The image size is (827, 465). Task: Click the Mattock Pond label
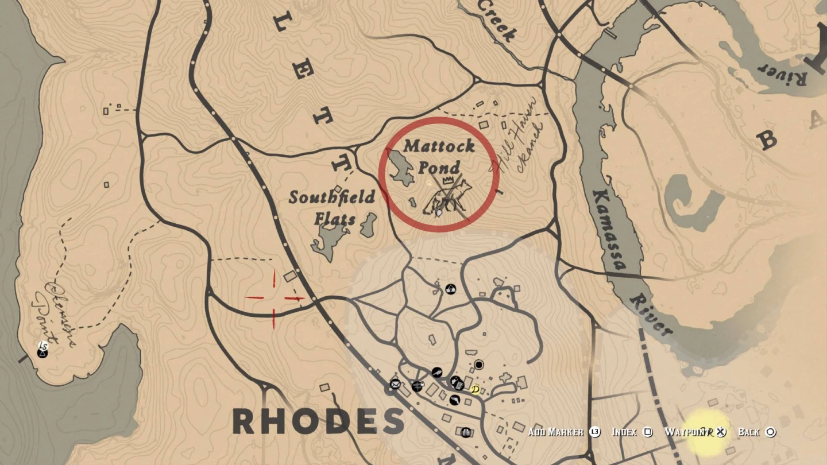click(439, 156)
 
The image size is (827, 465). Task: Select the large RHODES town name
click(319, 422)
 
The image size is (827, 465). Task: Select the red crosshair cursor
click(274, 298)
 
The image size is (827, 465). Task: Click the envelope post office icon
click(395, 384)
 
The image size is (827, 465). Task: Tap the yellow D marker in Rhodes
click(476, 390)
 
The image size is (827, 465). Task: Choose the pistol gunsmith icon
click(437, 373)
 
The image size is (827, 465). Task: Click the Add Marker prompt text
click(556, 432)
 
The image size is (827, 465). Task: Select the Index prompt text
click(624, 432)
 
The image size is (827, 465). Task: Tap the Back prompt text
click(748, 432)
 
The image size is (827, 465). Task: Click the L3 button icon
click(594, 432)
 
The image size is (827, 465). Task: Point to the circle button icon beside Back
click(771, 432)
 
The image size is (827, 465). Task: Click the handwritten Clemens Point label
click(56, 313)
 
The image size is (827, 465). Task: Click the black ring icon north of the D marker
click(479, 365)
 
